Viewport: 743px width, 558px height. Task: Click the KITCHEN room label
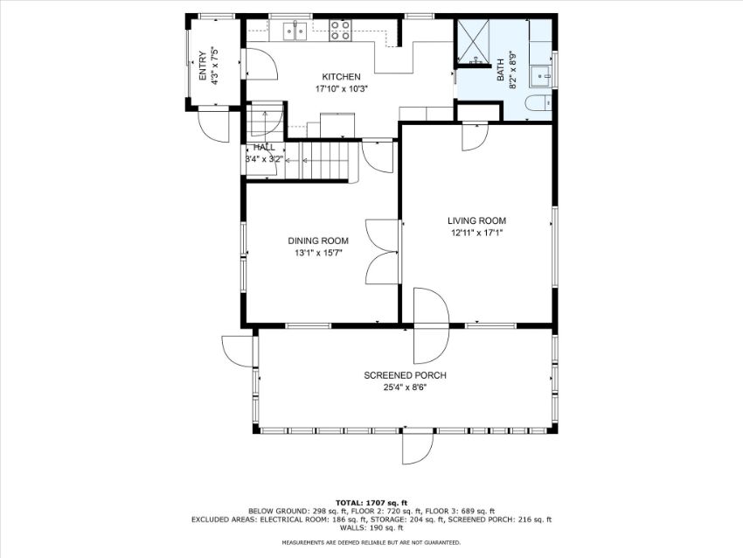click(x=341, y=77)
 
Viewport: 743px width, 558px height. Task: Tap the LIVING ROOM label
click(x=476, y=221)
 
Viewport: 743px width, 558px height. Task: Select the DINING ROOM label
click(x=318, y=241)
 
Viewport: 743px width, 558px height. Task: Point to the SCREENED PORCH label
click(x=405, y=375)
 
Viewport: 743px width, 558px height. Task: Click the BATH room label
click(x=500, y=71)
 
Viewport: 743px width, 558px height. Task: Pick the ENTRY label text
click(x=203, y=66)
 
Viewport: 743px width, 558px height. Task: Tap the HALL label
click(x=264, y=148)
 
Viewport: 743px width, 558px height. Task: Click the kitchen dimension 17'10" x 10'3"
click(x=342, y=88)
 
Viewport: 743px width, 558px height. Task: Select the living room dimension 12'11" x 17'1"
click(x=476, y=233)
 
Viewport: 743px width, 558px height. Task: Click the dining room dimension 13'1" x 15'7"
click(x=318, y=253)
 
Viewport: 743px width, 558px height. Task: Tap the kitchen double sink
click(x=295, y=31)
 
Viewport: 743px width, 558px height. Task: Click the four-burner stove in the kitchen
click(x=340, y=30)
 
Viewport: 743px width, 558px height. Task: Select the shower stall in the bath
click(x=473, y=41)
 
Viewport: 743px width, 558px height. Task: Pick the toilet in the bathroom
click(x=538, y=102)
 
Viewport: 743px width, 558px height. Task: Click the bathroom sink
click(x=541, y=77)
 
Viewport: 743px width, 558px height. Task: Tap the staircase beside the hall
click(x=324, y=161)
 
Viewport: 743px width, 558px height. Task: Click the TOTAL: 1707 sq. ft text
click(x=371, y=503)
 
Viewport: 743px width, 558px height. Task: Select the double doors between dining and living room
click(x=381, y=252)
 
